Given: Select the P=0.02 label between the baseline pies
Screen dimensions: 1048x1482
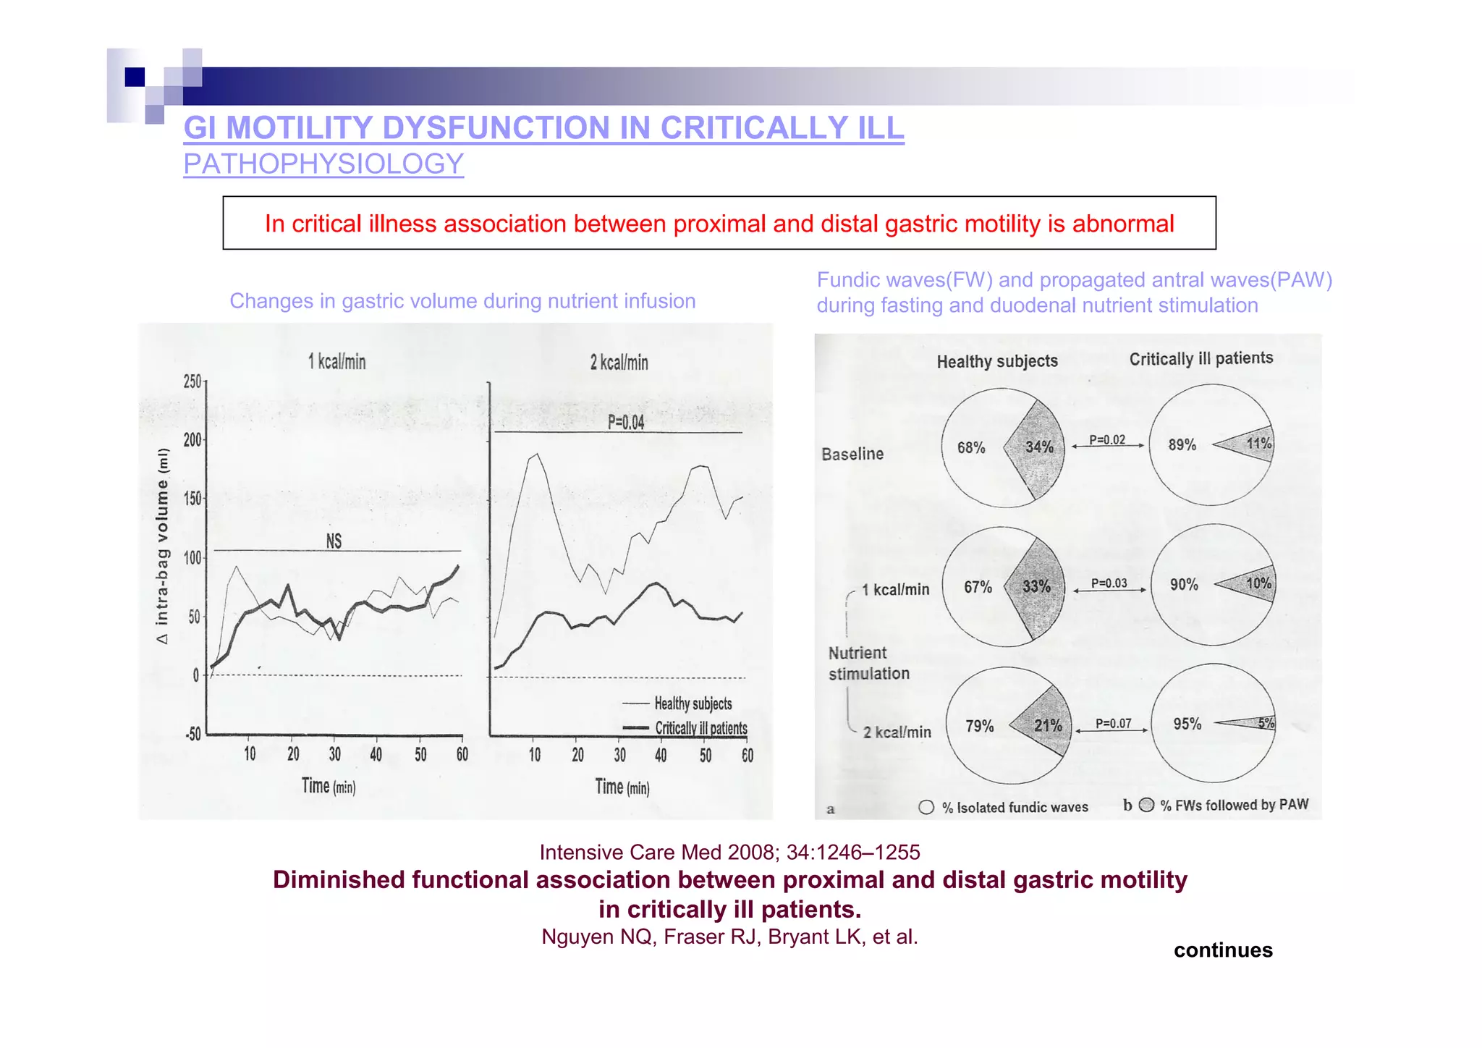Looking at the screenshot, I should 1107,440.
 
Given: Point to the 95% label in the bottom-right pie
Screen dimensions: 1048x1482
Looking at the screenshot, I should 1187,724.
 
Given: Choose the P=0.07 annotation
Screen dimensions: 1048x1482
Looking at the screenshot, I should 1113,723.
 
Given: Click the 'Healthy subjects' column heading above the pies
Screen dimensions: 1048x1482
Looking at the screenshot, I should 996,361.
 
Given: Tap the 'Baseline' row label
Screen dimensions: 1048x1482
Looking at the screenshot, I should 852,454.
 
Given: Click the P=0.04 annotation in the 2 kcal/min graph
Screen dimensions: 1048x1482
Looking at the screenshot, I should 625,423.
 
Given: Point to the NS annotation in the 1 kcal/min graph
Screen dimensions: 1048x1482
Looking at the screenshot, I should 334,541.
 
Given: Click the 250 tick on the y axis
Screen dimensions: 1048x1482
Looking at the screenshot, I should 192,381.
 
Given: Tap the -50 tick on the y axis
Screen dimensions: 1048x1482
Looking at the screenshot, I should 192,735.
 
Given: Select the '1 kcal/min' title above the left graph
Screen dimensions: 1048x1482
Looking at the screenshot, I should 337,362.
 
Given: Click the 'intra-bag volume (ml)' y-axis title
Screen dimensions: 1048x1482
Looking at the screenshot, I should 162,546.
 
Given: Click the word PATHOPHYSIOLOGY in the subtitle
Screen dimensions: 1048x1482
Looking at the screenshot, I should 323,164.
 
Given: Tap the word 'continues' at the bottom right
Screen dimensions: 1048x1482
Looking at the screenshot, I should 1222,950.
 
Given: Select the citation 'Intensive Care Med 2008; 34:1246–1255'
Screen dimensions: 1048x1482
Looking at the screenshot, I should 729,853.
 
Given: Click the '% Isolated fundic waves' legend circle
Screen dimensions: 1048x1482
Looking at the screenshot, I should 926,807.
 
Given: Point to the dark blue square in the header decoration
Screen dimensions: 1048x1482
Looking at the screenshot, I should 135,77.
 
